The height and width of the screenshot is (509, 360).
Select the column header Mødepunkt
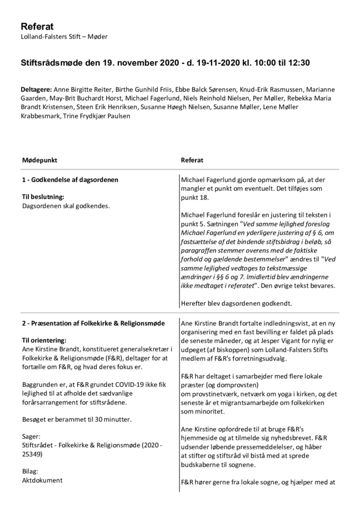[x=40, y=160]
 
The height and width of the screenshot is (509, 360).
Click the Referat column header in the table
[x=192, y=160]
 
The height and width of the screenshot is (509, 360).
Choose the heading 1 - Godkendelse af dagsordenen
[x=70, y=179]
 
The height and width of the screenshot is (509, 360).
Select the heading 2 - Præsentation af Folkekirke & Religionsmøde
[x=93, y=323]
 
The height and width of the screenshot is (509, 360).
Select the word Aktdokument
[x=42, y=480]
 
